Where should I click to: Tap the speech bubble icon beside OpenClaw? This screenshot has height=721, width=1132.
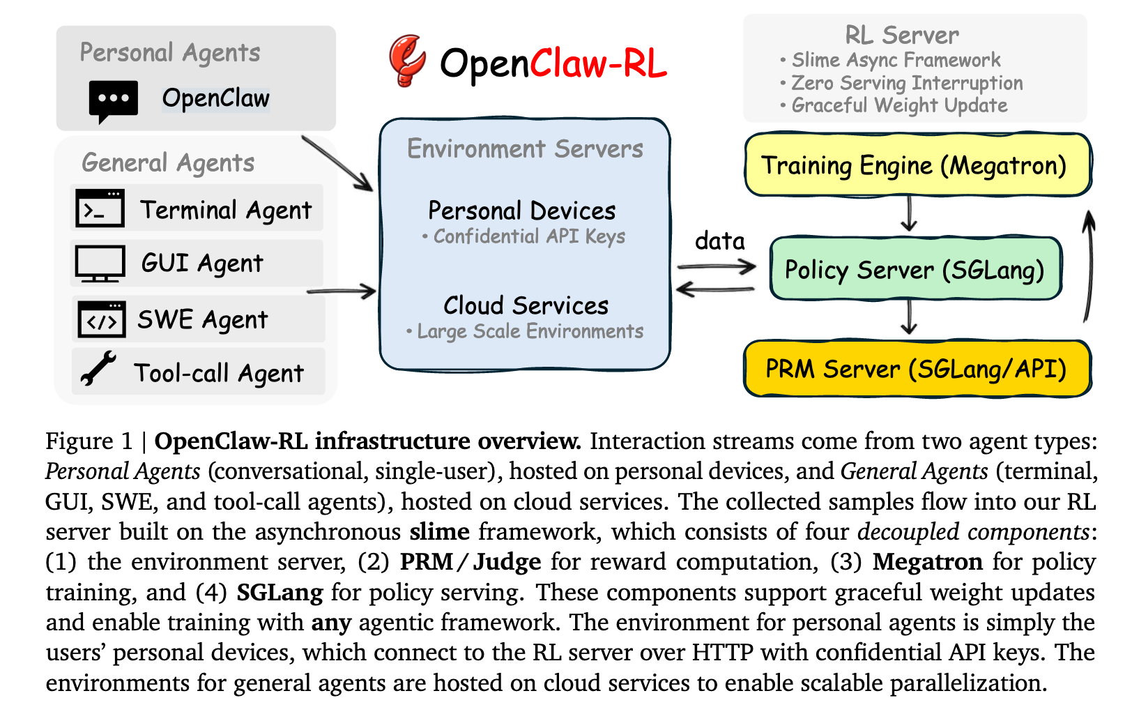(x=113, y=100)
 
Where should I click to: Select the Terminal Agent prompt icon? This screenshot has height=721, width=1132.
(x=100, y=208)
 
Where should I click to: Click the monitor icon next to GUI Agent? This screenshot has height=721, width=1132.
(x=100, y=263)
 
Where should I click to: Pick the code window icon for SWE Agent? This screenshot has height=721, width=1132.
(x=102, y=319)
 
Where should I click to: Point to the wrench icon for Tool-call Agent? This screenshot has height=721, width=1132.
(x=98, y=369)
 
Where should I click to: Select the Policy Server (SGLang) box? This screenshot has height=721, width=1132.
(x=915, y=269)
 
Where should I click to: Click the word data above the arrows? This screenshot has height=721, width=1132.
(x=720, y=241)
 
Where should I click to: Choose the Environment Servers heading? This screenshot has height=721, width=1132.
(x=525, y=149)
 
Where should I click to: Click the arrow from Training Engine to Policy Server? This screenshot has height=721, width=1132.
(x=908, y=214)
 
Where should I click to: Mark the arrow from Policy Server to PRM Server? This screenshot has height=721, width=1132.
(x=908, y=317)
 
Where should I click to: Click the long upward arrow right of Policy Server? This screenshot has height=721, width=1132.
(x=1087, y=267)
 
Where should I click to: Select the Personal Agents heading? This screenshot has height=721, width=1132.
(x=170, y=52)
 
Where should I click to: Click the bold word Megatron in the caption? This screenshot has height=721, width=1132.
(x=928, y=562)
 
